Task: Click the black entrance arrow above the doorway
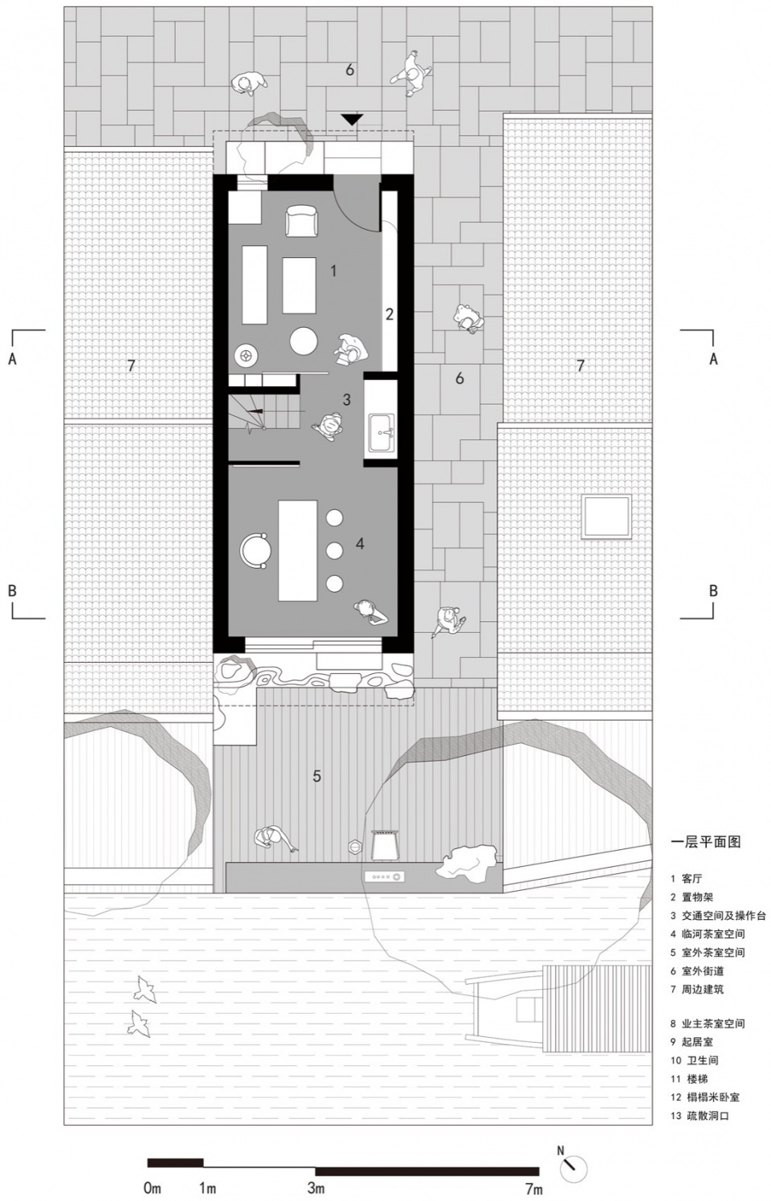click(x=352, y=120)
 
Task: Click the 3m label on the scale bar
click(x=316, y=1187)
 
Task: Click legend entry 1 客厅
click(x=686, y=879)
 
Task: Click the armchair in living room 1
click(x=302, y=221)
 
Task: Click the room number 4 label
click(x=360, y=544)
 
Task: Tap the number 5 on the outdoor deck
click(x=317, y=776)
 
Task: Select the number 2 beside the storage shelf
click(x=390, y=313)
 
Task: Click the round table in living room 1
click(x=304, y=341)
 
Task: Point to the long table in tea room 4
click(x=298, y=550)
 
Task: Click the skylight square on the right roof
click(x=607, y=517)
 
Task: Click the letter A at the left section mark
click(x=12, y=358)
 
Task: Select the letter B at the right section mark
click(x=713, y=590)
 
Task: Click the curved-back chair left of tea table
click(x=255, y=550)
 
